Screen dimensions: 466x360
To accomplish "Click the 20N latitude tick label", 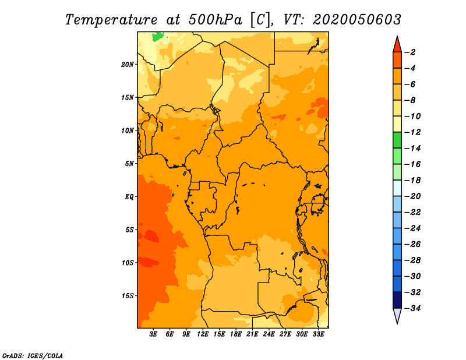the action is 128,65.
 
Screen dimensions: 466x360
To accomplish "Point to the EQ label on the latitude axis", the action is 129,197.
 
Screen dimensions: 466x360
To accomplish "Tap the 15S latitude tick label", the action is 128,296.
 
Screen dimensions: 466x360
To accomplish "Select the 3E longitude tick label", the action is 153,334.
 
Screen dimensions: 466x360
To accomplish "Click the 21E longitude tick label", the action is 252,334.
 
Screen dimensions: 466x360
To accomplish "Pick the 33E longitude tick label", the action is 318,334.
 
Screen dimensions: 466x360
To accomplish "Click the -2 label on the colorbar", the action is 410,52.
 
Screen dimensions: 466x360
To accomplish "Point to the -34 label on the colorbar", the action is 412,308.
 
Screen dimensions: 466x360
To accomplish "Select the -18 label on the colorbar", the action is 412,181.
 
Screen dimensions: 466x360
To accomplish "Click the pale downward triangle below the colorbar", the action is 397,315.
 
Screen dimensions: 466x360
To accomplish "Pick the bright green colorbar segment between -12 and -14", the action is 397,140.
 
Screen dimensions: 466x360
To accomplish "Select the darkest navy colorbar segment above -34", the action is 397,300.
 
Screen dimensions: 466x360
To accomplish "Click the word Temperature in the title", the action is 111,20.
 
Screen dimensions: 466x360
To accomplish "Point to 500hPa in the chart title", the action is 215,20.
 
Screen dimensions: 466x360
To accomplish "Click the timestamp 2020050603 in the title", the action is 356,20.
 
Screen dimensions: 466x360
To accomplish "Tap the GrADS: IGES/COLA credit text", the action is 33,356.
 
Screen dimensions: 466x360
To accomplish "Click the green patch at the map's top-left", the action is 157,37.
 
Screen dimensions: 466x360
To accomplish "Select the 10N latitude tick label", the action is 128,131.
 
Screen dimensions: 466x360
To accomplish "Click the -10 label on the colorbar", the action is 412,117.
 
